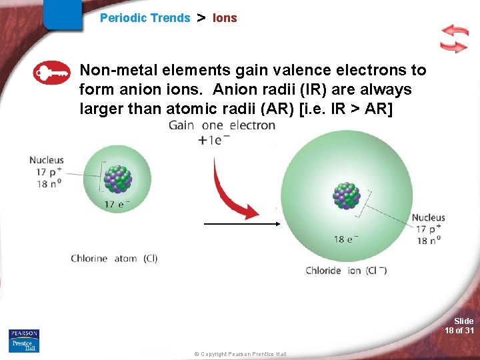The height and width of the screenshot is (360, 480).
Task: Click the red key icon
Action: pos(51,73)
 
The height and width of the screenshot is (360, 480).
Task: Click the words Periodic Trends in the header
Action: pos(145,18)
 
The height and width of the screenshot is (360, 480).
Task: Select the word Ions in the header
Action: pos(225,18)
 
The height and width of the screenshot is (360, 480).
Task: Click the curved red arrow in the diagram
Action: pos(230,187)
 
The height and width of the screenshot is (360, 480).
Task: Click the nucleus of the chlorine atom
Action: pos(119,179)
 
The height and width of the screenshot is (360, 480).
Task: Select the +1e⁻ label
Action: pos(214,140)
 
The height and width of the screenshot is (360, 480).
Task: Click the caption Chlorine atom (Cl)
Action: pos(114,258)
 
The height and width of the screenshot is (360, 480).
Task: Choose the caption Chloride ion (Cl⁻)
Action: pos(346,270)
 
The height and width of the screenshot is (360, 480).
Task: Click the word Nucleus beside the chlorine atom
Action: pos(46,160)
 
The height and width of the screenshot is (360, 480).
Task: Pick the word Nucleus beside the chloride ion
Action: pos(428,217)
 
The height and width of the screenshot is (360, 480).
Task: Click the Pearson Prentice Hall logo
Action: pos(24,341)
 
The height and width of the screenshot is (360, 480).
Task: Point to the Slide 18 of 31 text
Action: pos(460,325)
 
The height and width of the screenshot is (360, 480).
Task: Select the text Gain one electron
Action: pos(221,125)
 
